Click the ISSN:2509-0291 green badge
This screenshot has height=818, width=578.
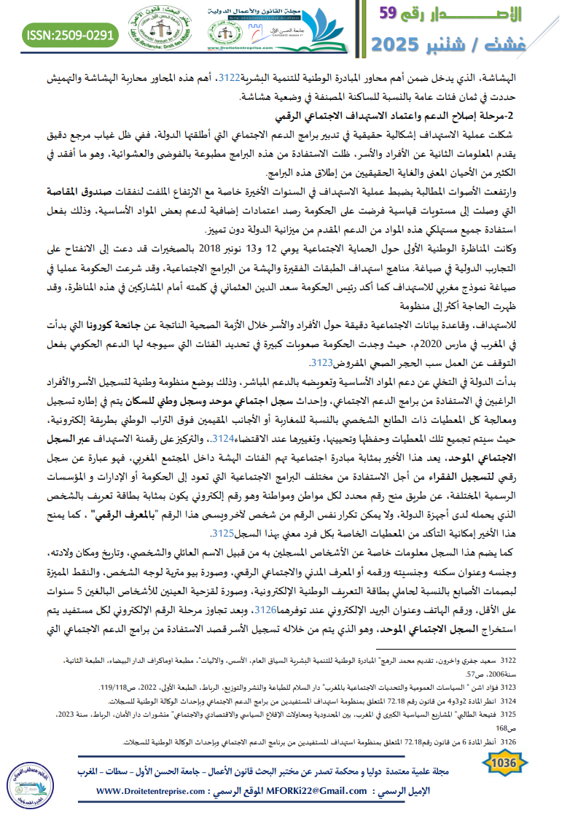tap(71, 34)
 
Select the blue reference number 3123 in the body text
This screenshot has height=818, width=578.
tap(322, 362)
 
